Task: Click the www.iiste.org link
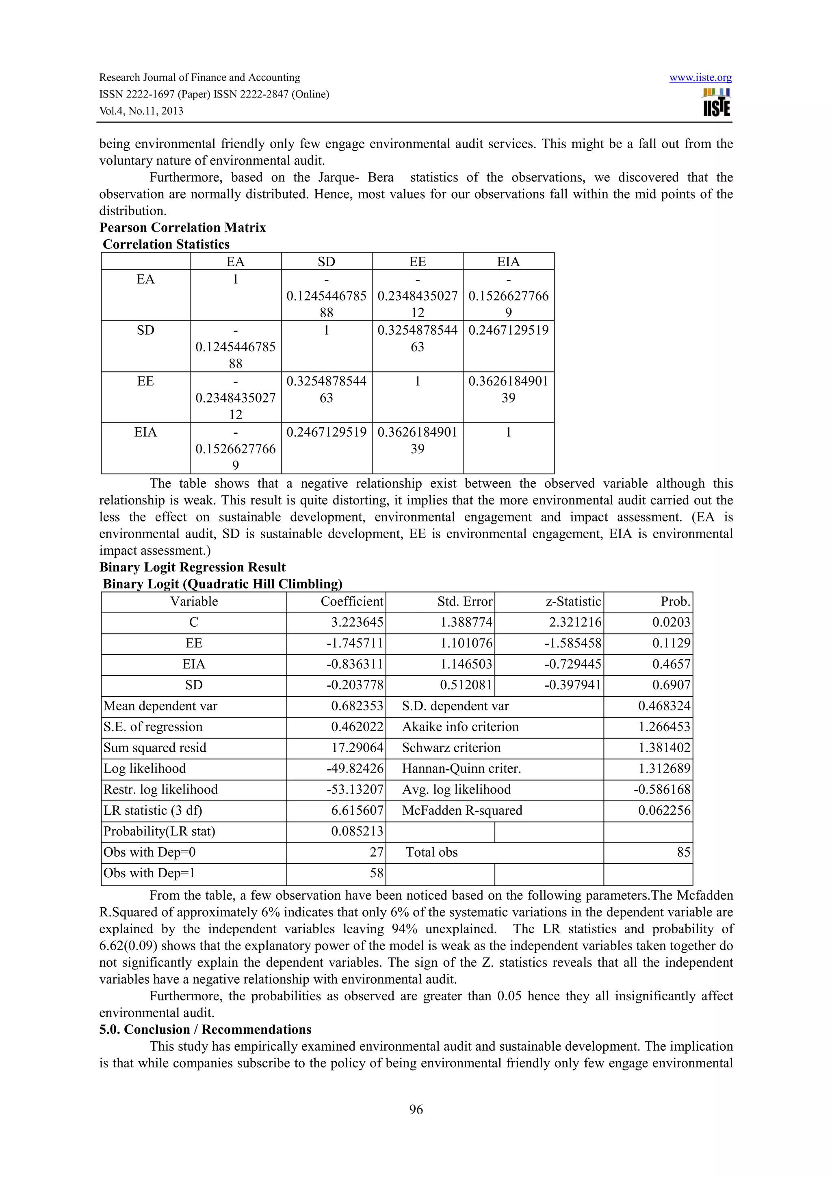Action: pos(700,78)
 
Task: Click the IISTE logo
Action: pos(717,102)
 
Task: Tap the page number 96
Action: pos(416,1109)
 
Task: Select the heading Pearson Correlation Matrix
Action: pos(182,227)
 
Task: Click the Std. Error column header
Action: pos(464,602)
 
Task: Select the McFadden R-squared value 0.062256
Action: pos(664,811)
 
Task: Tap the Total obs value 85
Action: pos(683,852)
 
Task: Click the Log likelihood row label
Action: pos(145,769)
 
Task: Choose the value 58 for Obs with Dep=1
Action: pos(377,874)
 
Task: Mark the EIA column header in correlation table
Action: pos(508,262)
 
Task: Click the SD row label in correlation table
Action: pos(145,330)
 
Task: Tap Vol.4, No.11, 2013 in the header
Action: pos(141,111)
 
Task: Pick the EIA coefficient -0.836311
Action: pos(355,664)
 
